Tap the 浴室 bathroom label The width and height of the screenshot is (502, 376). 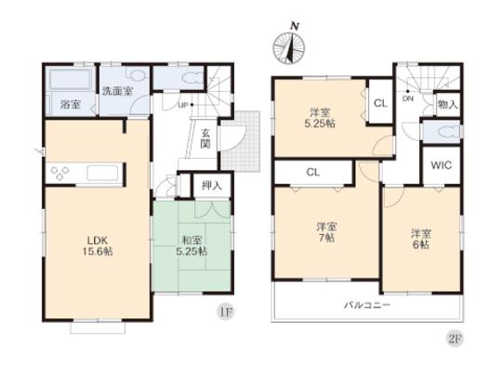(70, 104)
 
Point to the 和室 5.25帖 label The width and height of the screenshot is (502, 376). (193, 244)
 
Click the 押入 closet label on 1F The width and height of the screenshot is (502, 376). (211, 185)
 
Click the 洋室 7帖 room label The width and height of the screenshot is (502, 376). (324, 230)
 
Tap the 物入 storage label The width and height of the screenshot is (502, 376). (447, 105)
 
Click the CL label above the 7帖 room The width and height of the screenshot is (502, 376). (313, 173)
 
